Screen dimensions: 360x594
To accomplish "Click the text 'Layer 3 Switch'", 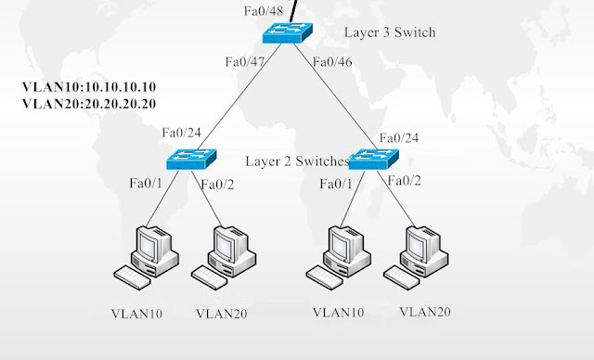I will click(x=389, y=32).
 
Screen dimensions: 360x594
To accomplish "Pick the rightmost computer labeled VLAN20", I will click(x=415, y=255).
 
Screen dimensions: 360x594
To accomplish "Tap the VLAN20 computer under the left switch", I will click(x=224, y=255).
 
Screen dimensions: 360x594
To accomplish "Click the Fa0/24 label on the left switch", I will click(x=182, y=132).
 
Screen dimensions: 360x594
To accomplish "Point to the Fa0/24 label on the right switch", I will click(x=399, y=137).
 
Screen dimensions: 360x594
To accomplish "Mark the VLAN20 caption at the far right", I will click(x=426, y=311).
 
